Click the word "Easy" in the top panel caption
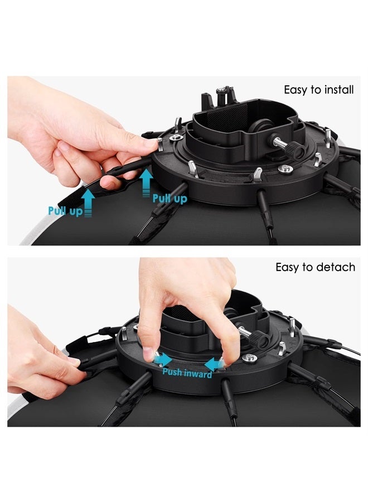[296, 90]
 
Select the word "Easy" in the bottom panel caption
[287, 267]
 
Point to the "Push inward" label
[187, 374]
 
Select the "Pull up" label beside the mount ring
[170, 198]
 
